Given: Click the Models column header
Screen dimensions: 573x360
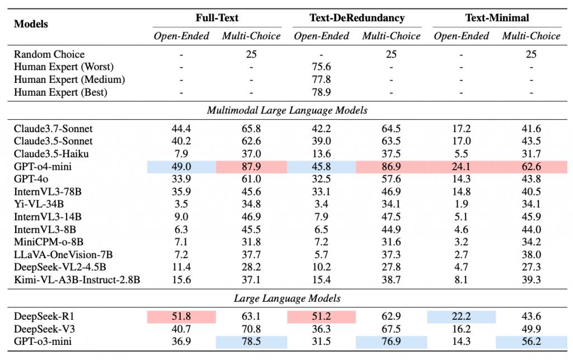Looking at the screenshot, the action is tap(31, 24).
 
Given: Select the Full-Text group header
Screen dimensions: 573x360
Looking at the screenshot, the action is tap(217, 17).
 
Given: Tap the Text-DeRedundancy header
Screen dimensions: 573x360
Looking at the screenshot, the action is tap(357, 17).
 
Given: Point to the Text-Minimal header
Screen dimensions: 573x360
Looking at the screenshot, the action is tap(497, 17).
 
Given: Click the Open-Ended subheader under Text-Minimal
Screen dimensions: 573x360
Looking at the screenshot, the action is tap(461, 36).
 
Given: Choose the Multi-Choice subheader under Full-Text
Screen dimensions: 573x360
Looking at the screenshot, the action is tap(251, 36).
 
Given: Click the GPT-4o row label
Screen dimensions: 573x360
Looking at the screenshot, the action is tap(31, 179).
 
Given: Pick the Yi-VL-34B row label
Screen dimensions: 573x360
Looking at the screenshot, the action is tap(39, 204).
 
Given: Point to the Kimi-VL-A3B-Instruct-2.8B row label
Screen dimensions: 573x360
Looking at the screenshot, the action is tap(77, 279).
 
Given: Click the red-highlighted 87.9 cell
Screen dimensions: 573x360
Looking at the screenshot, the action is tap(251, 167).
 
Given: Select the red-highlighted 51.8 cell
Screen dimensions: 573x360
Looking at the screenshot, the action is tap(181, 316).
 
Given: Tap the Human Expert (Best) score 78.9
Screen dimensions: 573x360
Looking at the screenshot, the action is tap(321, 92).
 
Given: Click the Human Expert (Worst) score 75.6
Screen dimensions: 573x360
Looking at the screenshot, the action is tap(321, 67).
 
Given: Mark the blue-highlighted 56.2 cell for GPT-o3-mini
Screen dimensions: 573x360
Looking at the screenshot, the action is tap(532, 342).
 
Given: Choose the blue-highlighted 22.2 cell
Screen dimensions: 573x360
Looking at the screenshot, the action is tap(461, 316).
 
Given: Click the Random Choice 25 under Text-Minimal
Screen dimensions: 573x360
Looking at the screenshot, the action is tap(531, 54).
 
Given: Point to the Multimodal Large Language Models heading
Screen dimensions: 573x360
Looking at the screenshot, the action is tap(287, 110).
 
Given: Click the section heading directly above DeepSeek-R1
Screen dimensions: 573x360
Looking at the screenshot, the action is tap(287, 298).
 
